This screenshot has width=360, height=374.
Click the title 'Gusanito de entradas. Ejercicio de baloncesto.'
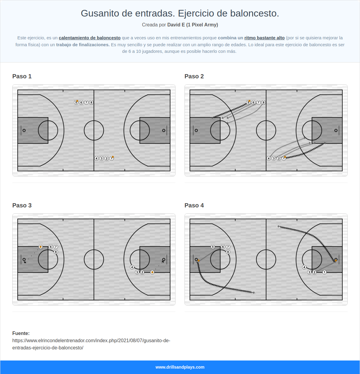pyautogui.click(x=180, y=14)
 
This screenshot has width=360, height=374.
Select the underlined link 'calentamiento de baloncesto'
pyautogui.click(x=89, y=38)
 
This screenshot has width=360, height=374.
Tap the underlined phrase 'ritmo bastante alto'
pyautogui.click(x=264, y=38)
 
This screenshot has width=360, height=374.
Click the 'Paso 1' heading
pyautogui.click(x=22, y=76)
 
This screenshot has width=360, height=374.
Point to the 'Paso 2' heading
pyautogui.click(x=194, y=76)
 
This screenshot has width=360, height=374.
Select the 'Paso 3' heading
pyautogui.click(x=22, y=205)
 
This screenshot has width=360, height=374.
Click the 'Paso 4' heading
pyautogui.click(x=194, y=205)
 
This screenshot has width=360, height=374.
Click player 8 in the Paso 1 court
pyautogui.click(x=91, y=103)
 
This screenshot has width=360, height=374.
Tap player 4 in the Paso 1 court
pyautogui.click(x=97, y=158)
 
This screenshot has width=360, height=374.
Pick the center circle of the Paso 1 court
pyautogui.click(x=94, y=130)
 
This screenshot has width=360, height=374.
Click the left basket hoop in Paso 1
pyautogui.click(x=24, y=130)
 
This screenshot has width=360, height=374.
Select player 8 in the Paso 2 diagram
pyautogui.click(x=264, y=103)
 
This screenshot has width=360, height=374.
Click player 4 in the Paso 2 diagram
pyautogui.click(x=269, y=158)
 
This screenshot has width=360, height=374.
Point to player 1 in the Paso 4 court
pyautogui.click(x=324, y=272)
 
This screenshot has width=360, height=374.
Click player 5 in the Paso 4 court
pyautogui.click(x=213, y=247)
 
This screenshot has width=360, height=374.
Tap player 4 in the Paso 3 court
pyautogui.click(x=132, y=267)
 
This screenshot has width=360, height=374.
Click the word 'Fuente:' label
pyautogui.click(x=21, y=333)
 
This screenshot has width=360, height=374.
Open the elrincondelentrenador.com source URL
pyautogui.click(x=91, y=344)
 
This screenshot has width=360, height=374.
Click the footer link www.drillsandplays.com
pyautogui.click(x=180, y=367)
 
